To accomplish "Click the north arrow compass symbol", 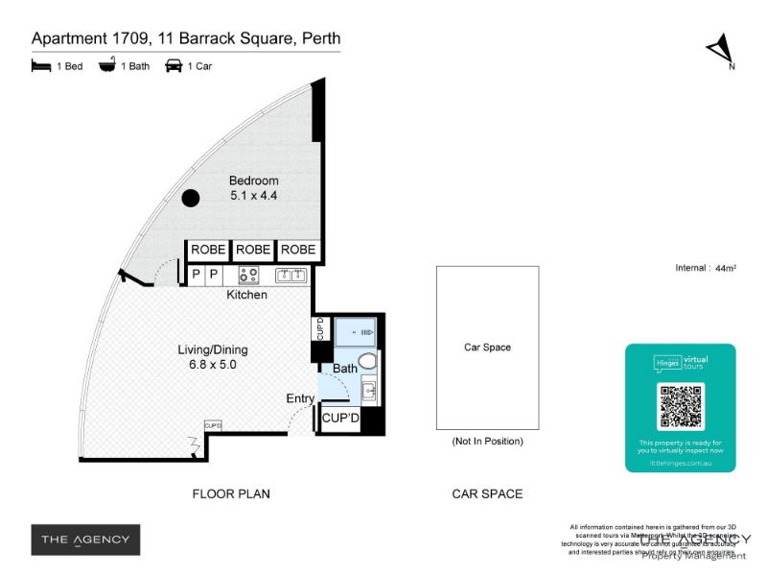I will tap(720, 49).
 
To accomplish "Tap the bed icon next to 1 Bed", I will tap(40, 66).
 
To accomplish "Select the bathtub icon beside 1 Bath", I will tap(106, 66).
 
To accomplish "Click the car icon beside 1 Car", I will tap(174, 66).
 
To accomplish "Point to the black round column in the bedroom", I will tap(191, 198).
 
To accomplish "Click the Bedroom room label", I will tap(253, 180).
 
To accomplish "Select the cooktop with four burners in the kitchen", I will tap(248, 276).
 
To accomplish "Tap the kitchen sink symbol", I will tap(291, 276).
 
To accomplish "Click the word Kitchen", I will tap(246, 296).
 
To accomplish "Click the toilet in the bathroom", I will tap(370, 360).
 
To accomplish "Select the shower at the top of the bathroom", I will tap(356, 333).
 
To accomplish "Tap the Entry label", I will tap(300, 398).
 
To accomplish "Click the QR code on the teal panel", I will tap(681, 407).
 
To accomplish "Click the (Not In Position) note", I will tap(487, 442).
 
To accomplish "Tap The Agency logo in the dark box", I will tap(85, 540).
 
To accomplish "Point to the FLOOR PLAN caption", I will tap(231, 494).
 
